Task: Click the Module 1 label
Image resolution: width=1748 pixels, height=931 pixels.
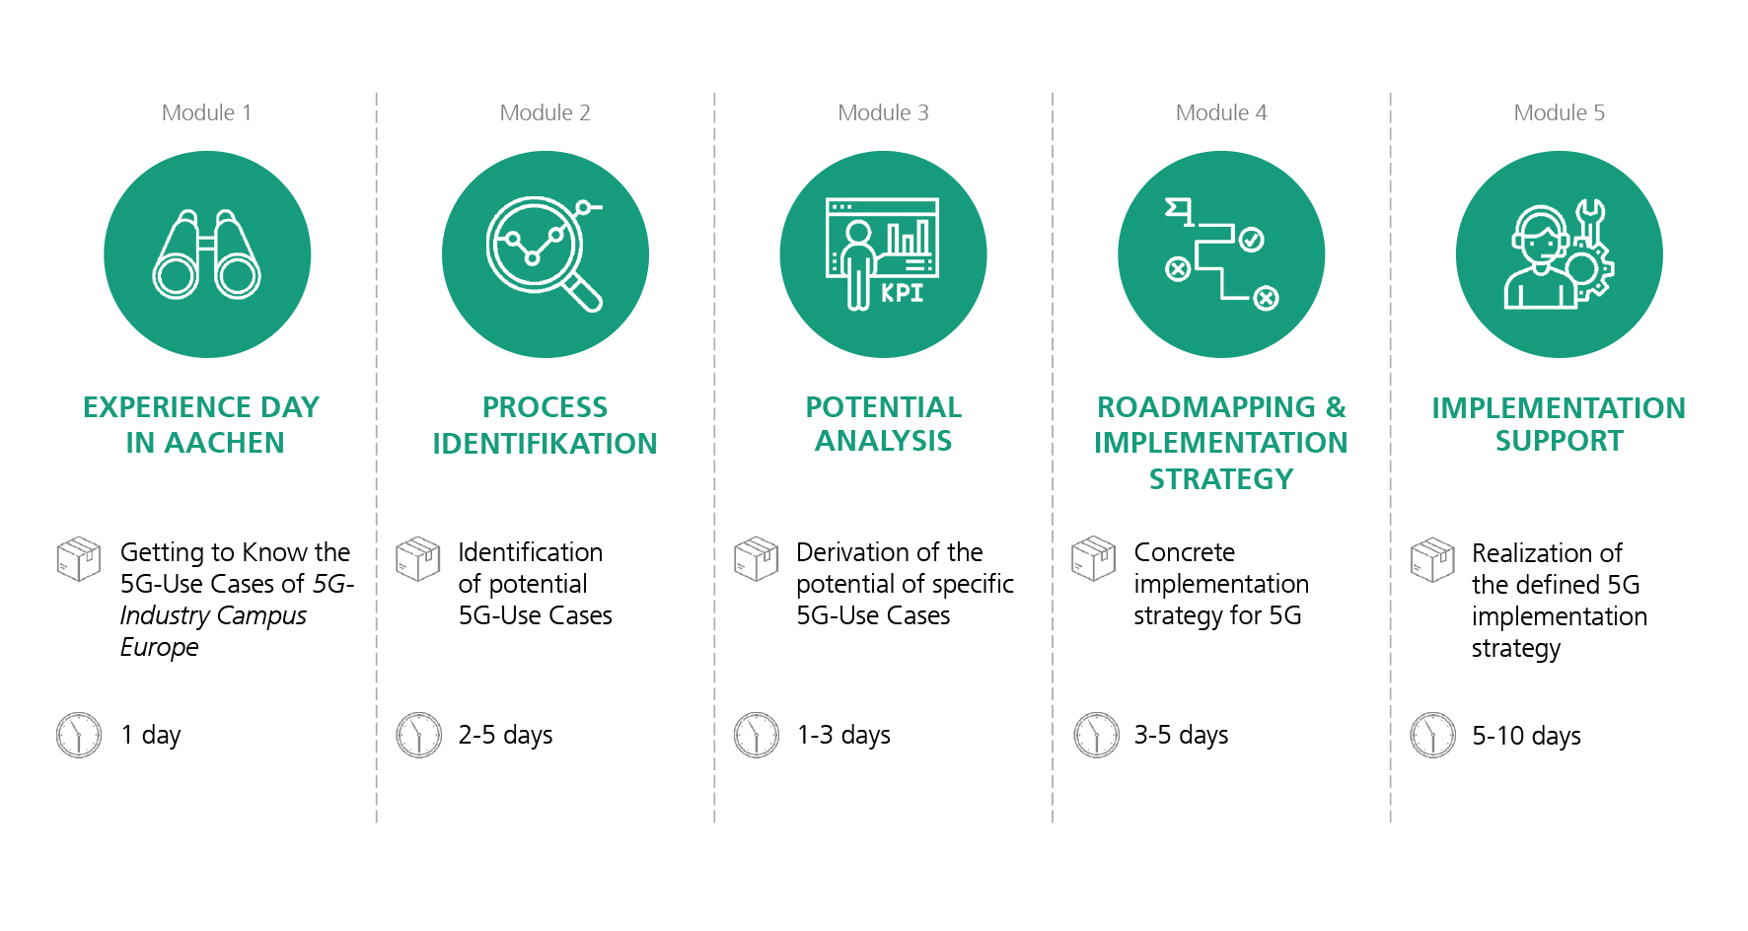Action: [x=206, y=112]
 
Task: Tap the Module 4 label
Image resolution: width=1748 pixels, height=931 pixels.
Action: [x=1221, y=112]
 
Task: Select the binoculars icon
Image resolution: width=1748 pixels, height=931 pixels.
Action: [x=207, y=254]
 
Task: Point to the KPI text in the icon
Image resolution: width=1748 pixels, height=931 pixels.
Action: [x=903, y=293]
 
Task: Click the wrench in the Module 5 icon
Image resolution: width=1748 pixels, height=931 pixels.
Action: [x=1589, y=223]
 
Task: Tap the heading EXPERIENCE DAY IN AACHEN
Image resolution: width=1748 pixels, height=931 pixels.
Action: [x=202, y=425]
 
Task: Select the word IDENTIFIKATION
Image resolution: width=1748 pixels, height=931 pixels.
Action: [x=545, y=444]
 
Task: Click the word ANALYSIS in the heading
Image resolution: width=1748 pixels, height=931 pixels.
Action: [x=883, y=441]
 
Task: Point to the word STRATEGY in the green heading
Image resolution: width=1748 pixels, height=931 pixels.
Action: [x=1221, y=479]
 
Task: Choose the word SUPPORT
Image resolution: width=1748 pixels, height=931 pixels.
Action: [x=1559, y=441]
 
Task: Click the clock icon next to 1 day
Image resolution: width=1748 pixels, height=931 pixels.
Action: [x=79, y=735]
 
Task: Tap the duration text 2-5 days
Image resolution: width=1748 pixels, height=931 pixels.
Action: [x=505, y=736]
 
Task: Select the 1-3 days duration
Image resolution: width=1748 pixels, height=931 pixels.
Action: [x=843, y=736]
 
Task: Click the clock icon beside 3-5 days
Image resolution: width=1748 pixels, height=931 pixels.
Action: [x=1096, y=735]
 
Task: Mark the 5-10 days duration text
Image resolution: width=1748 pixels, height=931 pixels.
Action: [x=1526, y=737]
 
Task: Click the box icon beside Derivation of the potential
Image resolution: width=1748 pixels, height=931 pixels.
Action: [x=757, y=559]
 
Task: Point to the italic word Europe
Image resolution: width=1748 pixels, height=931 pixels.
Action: [x=160, y=648]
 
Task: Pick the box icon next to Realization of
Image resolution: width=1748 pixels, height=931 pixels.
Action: [x=1432, y=560]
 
